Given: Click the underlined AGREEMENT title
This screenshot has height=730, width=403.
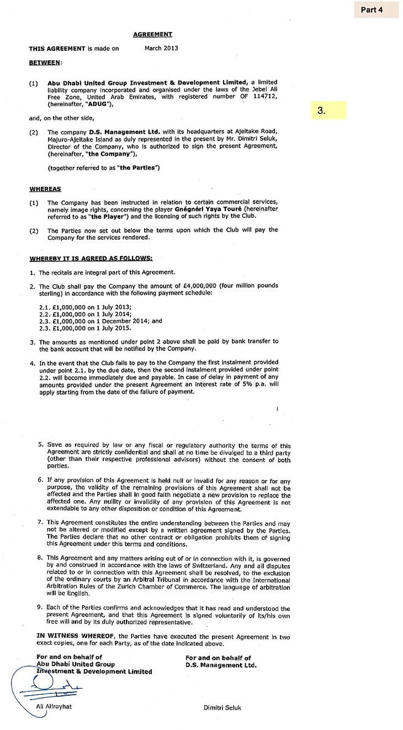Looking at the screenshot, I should [152, 35].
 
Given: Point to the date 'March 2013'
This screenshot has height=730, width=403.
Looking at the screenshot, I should [160, 48].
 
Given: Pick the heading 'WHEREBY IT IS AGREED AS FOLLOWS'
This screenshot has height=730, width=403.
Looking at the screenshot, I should [91, 258].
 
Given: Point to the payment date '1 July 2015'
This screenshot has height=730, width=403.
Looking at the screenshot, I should [103, 328].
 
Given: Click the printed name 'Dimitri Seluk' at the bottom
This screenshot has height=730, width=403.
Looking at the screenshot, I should [222, 708].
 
